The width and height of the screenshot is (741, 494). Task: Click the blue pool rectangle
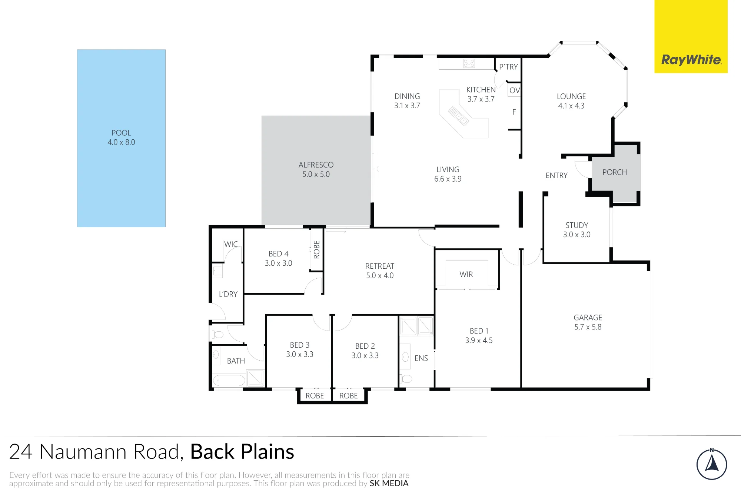pyautogui.click(x=121, y=138)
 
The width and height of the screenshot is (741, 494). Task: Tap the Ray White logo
pyautogui.click(x=691, y=37)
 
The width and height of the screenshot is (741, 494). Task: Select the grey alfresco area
pyautogui.click(x=316, y=170)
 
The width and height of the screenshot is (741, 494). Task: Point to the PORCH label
pyautogui.click(x=615, y=172)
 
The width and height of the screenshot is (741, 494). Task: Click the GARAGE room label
pyautogui.click(x=588, y=318)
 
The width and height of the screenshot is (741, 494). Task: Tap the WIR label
pyautogui.click(x=466, y=274)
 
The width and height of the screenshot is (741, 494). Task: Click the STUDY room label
pyautogui.click(x=577, y=225)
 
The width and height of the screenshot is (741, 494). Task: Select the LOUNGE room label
pyautogui.click(x=571, y=96)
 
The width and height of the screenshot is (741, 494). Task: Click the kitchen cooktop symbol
pyautogui.click(x=469, y=63)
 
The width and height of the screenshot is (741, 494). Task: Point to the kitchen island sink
pyautogui.click(x=459, y=116)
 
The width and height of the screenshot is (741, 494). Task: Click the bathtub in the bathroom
pyautogui.click(x=229, y=381)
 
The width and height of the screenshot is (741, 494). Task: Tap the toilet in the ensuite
pyautogui.click(x=406, y=379)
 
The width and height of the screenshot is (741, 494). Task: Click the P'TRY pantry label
pyautogui.click(x=508, y=67)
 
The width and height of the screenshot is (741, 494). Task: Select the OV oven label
pyautogui.click(x=515, y=90)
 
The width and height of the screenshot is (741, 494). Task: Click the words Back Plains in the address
pyautogui.click(x=242, y=452)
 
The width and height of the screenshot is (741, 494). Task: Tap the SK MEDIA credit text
pyautogui.click(x=389, y=483)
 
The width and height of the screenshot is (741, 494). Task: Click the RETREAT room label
pyautogui.click(x=380, y=266)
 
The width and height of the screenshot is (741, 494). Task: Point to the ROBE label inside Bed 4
pyautogui.click(x=317, y=250)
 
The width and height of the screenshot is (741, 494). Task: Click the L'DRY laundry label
pyautogui.click(x=228, y=294)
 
